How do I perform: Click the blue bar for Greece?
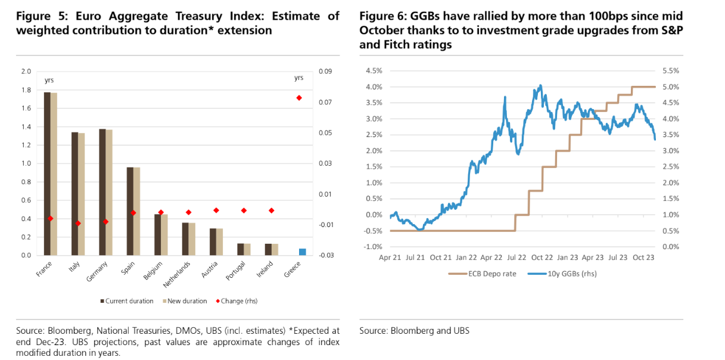303,252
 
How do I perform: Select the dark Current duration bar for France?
47,173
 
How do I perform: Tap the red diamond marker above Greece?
299,98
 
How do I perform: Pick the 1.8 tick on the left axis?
26,90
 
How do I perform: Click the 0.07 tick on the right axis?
326,103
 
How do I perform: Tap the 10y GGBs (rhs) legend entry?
568,274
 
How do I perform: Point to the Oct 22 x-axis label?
542,257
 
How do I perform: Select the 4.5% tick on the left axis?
373,71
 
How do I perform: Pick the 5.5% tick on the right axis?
671,71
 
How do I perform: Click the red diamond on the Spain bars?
133,213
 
